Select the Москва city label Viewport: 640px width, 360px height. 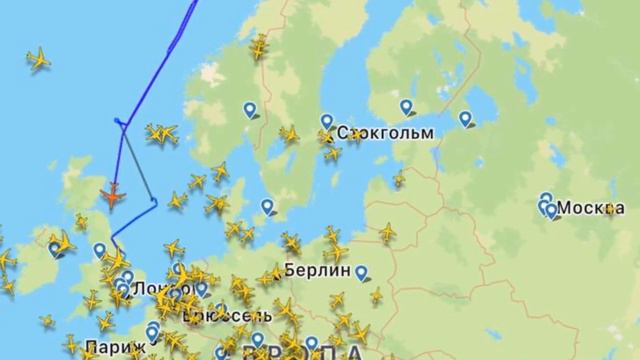pos(591,208)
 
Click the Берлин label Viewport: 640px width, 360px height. pos(317,270)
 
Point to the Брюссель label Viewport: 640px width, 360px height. pos(218,315)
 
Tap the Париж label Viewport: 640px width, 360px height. pos(107,349)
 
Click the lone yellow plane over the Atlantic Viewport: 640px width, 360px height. pos(38,59)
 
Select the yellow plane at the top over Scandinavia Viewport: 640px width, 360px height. pos(259,47)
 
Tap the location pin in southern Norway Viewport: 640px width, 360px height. pos(249,110)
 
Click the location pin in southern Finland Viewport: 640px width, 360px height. pos(406,107)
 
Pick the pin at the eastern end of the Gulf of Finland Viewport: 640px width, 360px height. pos(466,118)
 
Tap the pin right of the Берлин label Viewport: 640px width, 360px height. pos(361,270)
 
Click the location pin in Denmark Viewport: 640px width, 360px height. pos(268,207)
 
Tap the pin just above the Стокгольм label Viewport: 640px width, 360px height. pos(327,122)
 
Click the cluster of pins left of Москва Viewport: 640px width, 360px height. pos(546,206)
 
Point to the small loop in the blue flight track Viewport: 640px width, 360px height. pos(120,124)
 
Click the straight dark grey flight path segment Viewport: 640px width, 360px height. pos(137,162)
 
